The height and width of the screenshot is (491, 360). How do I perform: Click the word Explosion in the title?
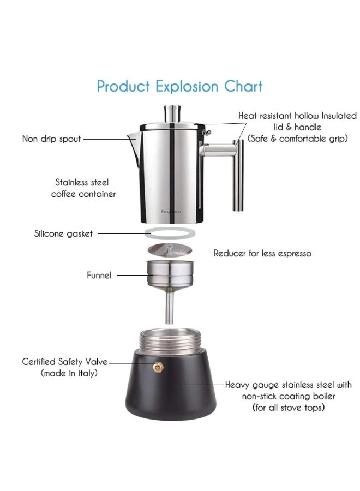187,86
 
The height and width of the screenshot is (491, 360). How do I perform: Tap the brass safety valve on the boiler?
159,367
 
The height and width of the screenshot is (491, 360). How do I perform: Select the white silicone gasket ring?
170,233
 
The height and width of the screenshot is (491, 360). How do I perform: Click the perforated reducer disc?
169,249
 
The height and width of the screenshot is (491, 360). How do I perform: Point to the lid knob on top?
172,114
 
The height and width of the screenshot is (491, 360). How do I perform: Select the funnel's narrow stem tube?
170,306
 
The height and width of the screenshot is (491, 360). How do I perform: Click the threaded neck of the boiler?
170,340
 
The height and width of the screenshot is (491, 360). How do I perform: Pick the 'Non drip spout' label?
51,139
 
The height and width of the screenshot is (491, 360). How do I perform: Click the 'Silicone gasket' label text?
63,233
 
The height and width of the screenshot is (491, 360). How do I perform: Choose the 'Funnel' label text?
99,276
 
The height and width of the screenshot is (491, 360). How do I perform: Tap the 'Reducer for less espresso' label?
262,253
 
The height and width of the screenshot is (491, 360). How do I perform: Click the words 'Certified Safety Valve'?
64,362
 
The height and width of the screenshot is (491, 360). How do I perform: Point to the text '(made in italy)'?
69,373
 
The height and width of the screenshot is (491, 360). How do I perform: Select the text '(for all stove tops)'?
289,408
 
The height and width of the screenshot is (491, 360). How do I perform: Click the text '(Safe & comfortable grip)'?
298,139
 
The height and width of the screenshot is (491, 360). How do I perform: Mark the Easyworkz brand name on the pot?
171,212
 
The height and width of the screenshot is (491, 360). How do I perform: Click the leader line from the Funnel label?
135,276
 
